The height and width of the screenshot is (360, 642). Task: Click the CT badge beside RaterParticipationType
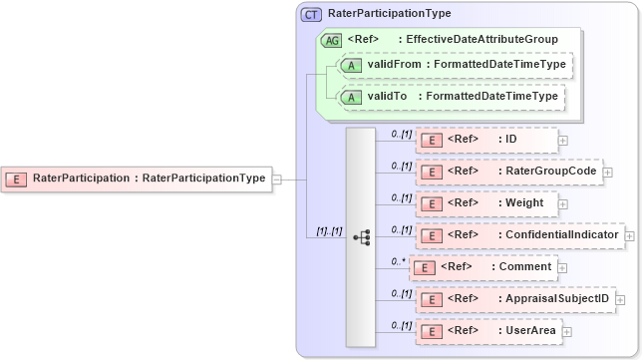tap(311, 14)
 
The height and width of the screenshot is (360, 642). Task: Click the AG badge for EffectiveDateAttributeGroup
tap(331, 40)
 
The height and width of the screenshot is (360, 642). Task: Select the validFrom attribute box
tap(455, 66)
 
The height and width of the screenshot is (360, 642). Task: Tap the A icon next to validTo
tap(350, 97)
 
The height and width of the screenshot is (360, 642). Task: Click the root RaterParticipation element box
tap(138, 180)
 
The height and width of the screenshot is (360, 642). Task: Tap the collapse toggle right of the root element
tap(276, 180)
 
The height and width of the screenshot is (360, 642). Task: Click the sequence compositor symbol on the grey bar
tap(361, 237)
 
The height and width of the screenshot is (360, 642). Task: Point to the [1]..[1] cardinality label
tap(329, 231)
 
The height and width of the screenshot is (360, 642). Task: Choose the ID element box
tap(486, 140)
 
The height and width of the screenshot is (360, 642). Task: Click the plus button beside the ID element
tap(563, 140)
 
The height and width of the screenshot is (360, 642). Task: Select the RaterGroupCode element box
tap(508, 172)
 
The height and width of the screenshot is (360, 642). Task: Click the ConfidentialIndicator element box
tap(518, 235)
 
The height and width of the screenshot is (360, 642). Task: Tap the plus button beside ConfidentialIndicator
tap(629, 235)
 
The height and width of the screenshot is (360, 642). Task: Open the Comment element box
tap(482, 267)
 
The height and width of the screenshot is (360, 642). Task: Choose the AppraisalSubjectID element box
tap(514, 298)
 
